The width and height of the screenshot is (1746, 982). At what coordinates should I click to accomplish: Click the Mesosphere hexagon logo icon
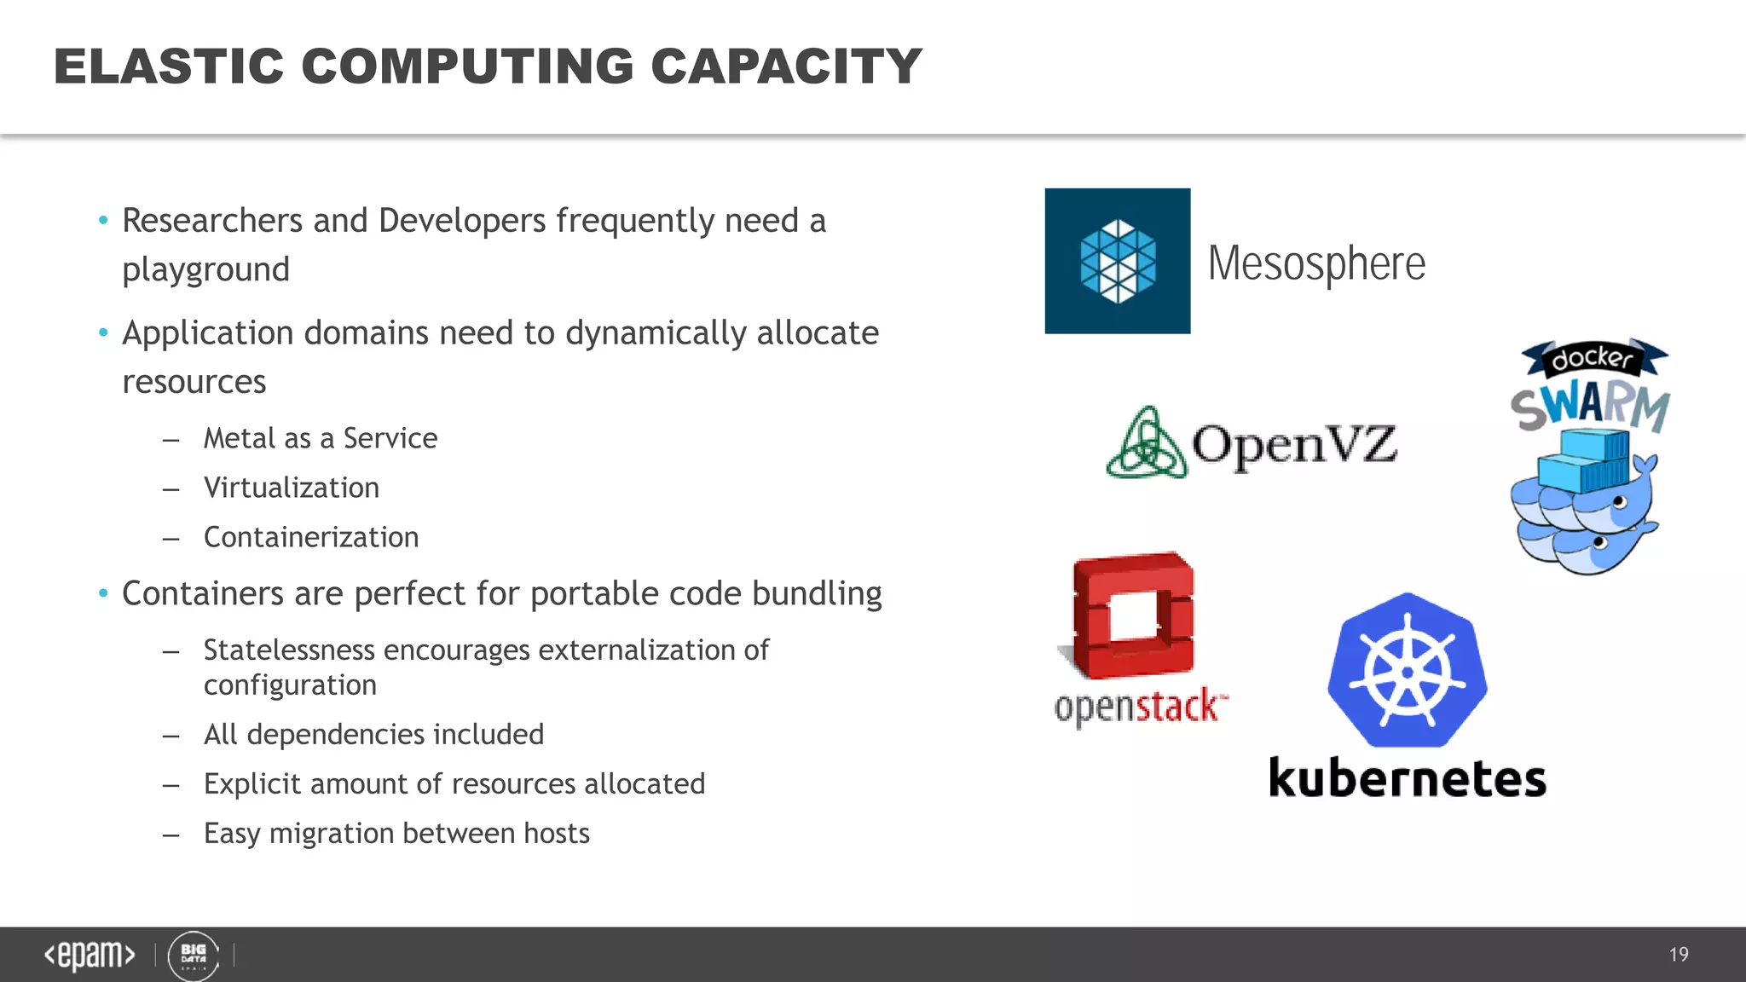1117,261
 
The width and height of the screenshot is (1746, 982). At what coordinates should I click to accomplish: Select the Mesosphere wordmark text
1316,263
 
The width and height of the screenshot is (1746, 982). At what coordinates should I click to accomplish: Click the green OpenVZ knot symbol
1147,443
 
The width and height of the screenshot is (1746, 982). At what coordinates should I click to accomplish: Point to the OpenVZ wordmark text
1294,444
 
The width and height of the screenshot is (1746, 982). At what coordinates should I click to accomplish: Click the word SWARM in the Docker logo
1591,407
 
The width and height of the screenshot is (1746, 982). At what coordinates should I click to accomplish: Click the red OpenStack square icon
1132,615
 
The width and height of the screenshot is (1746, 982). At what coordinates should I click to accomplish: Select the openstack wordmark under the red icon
1140,707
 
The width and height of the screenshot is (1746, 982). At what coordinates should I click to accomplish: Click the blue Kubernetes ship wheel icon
1408,671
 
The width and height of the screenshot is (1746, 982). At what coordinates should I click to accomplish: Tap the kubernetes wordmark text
1408,777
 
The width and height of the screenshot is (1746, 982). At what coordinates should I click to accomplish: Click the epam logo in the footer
90,955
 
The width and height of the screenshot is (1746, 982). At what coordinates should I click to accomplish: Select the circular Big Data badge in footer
194,956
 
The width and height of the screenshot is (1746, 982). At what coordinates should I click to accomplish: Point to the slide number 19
1679,955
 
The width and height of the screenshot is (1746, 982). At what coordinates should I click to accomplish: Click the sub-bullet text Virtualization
292,488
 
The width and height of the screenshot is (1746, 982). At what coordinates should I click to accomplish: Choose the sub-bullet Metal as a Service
321,438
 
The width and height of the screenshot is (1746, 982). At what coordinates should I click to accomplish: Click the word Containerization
311,537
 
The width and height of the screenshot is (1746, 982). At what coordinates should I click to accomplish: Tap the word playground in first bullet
206,270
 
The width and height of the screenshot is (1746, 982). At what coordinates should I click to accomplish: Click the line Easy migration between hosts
396,833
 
